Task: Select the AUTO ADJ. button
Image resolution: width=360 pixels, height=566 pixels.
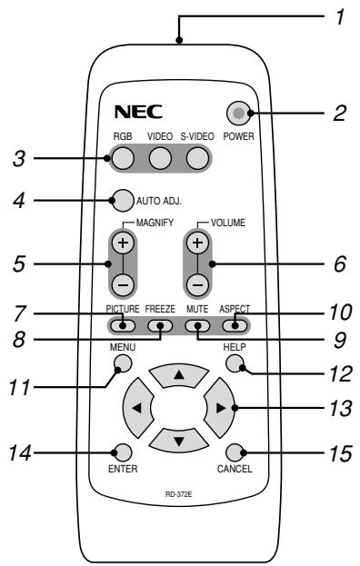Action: [122, 199]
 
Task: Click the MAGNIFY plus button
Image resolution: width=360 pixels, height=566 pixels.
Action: [123, 243]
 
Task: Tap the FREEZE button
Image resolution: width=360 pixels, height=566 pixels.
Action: [161, 325]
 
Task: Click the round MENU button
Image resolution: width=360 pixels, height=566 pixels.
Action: [123, 364]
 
